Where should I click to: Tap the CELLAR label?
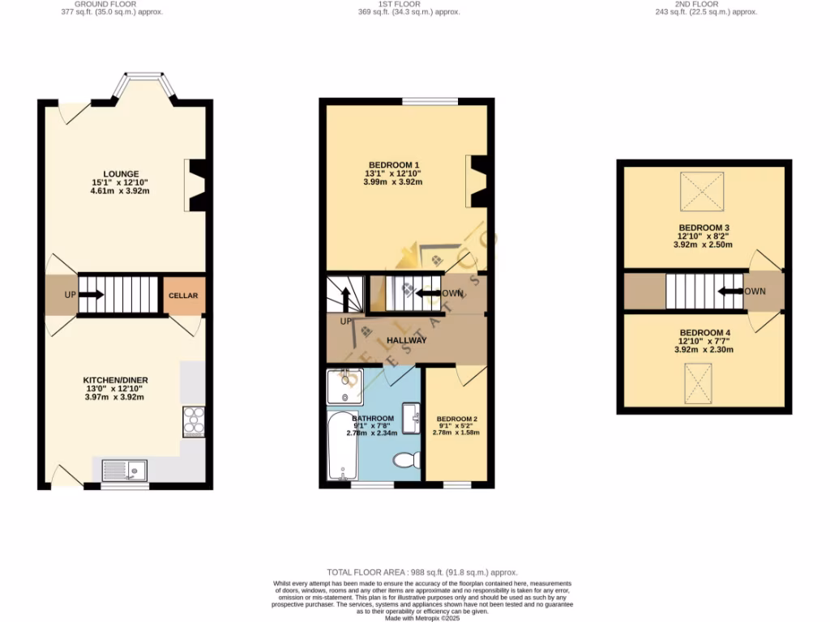pos(182,296)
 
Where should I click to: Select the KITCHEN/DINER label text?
pos(115,380)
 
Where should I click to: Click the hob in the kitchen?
pos(194,420)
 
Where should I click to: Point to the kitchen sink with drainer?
pos(125,470)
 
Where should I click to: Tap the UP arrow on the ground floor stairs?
pos(89,295)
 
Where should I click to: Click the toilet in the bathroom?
pos(406,460)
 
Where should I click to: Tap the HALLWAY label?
pos(406,340)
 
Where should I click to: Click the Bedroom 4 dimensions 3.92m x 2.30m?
pos(703,350)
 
